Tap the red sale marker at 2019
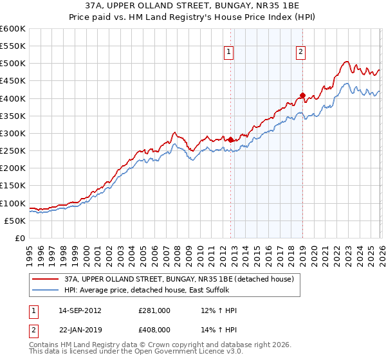302,96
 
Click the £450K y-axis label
13,81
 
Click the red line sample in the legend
46,279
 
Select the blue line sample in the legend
46,291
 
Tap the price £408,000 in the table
154,328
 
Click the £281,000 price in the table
154,310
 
